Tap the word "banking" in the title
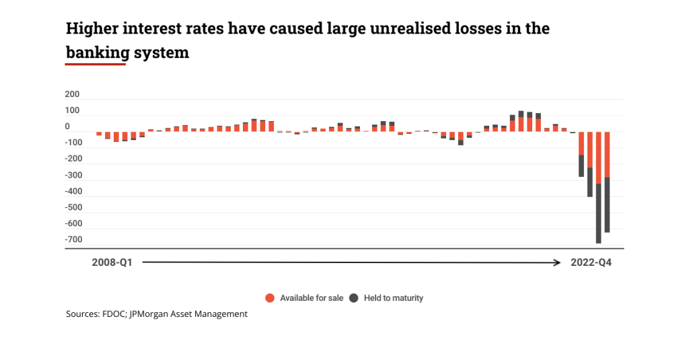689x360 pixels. pos(96,52)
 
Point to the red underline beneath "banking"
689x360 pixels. pos(96,65)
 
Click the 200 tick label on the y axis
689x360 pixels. pos(71,94)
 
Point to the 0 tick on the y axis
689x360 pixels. pos(67,126)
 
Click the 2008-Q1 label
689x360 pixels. pos(112,263)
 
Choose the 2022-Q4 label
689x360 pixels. pos(591,263)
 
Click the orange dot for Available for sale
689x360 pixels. pos(269,297)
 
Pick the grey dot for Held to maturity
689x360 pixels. pos(353,297)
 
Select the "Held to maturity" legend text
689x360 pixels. pos(393,297)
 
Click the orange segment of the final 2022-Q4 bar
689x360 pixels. pos(607,155)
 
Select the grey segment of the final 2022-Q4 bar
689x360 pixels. pos(607,205)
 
